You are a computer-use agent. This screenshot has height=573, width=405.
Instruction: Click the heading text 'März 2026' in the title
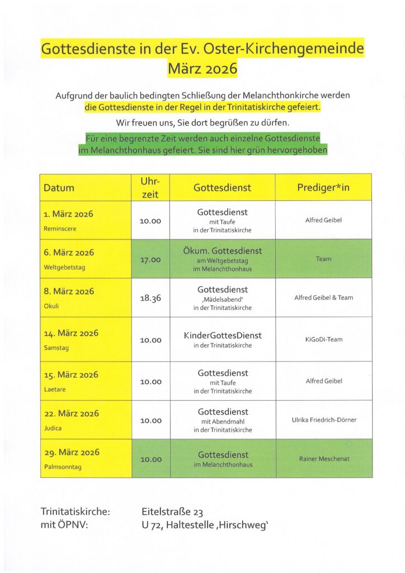[x=202, y=69]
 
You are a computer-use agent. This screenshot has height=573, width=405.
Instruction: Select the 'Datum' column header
[x=59, y=188]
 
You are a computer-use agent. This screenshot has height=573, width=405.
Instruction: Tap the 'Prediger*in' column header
[x=323, y=187]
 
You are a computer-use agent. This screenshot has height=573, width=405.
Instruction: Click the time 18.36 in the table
[x=150, y=298]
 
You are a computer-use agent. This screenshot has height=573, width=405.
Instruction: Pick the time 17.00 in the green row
[x=150, y=260]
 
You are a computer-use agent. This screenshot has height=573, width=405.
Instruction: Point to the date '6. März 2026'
[x=69, y=252]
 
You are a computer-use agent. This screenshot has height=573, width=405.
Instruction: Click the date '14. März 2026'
[x=71, y=334]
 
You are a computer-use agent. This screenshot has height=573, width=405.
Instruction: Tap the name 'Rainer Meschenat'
[x=324, y=459]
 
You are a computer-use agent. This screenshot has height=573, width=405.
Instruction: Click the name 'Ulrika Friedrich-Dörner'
[x=324, y=420]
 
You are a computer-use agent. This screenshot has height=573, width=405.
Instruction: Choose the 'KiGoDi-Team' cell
[x=324, y=340]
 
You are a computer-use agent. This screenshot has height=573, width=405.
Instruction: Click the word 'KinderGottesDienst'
[x=223, y=336]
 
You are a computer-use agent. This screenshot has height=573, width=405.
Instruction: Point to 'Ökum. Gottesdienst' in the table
[x=223, y=250]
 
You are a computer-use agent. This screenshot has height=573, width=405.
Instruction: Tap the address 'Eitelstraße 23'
[x=172, y=511]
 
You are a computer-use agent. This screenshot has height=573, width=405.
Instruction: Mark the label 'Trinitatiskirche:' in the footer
[x=75, y=511]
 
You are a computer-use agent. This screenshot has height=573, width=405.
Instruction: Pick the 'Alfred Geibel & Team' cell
[x=324, y=298]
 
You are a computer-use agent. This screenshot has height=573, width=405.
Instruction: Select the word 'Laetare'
[x=54, y=389]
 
